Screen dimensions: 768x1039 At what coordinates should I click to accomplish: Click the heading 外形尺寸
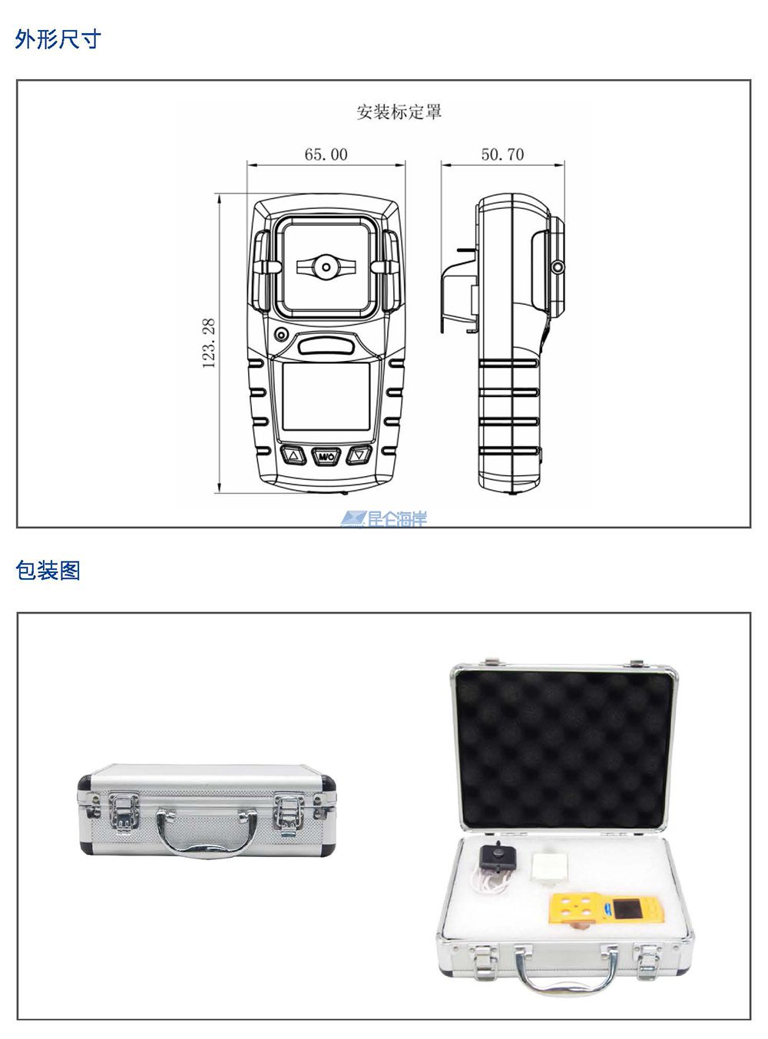pos(58,39)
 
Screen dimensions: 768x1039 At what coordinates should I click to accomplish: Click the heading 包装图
pos(48,571)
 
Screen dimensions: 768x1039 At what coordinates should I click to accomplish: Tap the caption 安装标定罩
pos(399,112)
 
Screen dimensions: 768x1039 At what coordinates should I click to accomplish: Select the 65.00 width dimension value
pos(326,154)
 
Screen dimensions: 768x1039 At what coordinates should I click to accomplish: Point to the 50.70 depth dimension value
pos(502,154)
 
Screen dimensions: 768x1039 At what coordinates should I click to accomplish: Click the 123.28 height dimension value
pos(209,343)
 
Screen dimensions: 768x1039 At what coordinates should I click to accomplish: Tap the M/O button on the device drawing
pos(326,456)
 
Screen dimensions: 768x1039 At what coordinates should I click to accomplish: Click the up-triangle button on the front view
pos(293,455)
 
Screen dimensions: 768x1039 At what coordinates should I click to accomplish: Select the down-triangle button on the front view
pos(359,455)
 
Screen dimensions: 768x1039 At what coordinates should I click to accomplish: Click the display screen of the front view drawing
pos(326,397)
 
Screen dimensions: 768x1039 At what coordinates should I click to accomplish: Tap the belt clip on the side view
pos(460,290)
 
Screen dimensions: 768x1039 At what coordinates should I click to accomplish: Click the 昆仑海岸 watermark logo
pos(384,519)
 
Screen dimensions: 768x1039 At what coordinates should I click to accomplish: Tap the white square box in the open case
pos(550,868)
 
